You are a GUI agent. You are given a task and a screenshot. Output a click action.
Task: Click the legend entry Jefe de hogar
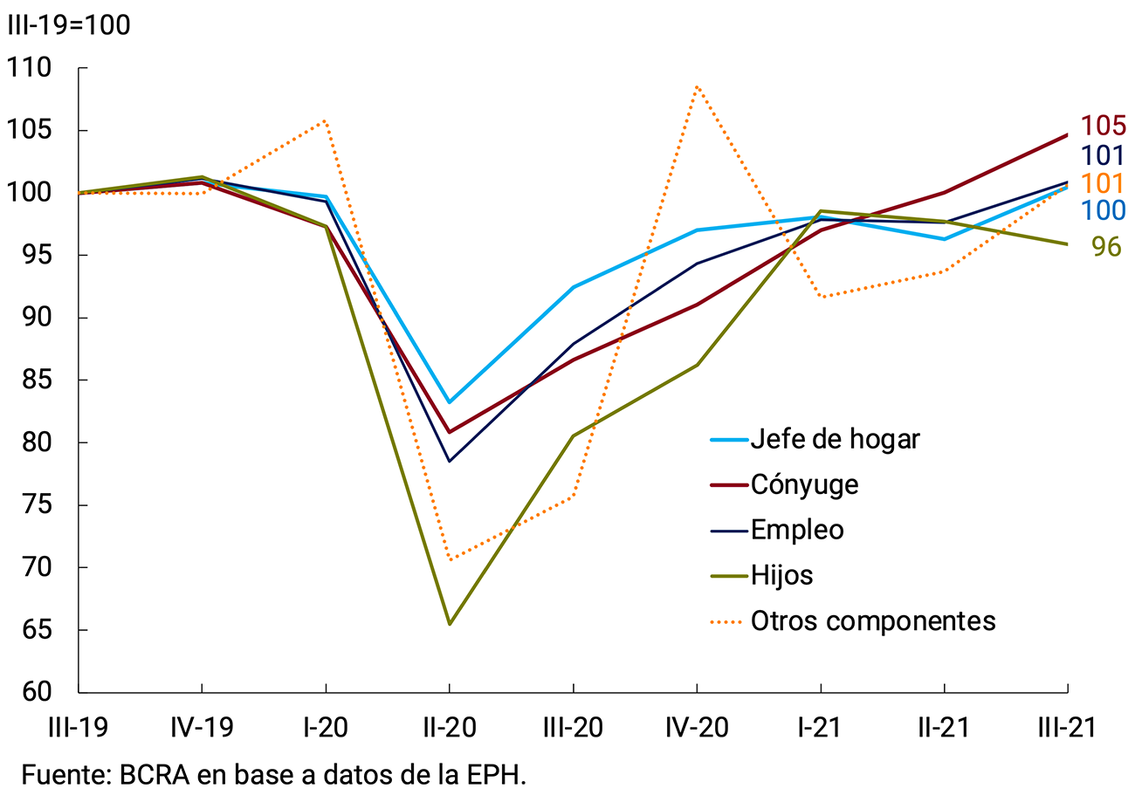click(835, 439)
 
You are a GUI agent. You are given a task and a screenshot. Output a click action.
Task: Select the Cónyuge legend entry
click(804, 484)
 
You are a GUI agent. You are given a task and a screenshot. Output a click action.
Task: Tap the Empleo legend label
click(797, 530)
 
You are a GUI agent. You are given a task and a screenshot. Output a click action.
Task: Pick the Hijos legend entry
click(781, 575)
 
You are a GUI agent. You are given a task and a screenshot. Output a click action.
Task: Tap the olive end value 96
click(1106, 247)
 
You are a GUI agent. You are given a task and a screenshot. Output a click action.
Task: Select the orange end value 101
click(1103, 184)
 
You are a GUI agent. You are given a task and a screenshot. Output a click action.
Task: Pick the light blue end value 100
click(1103, 210)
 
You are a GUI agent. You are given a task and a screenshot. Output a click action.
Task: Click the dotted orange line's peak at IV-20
click(698, 86)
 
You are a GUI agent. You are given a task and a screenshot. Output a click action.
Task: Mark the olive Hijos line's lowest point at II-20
click(450, 624)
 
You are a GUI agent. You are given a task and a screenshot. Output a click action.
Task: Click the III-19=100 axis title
click(69, 25)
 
